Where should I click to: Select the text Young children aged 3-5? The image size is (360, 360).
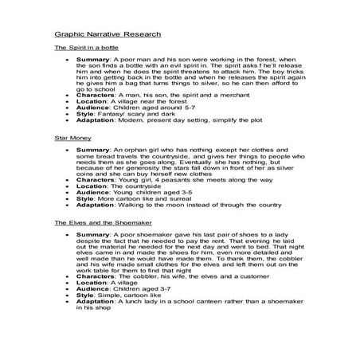[147, 191]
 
